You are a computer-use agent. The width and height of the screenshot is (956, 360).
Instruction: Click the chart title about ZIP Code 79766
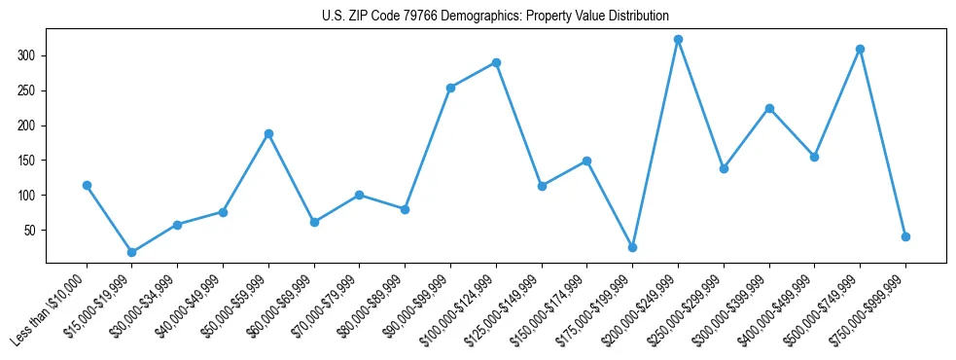495,17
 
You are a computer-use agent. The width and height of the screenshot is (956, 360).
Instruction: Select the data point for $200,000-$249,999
678,40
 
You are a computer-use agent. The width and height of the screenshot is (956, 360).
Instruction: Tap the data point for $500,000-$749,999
860,49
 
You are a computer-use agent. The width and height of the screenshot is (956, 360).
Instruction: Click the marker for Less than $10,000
87,185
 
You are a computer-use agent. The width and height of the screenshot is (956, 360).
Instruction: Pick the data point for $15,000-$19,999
132,252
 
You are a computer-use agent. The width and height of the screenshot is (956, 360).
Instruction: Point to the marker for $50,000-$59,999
268,133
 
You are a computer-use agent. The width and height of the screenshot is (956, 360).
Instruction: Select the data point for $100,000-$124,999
496,62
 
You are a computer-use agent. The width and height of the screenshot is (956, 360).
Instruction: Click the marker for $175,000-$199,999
632,247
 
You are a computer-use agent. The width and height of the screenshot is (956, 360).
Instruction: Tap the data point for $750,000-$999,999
905,236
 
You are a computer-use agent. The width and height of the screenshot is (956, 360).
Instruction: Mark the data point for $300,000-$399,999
769,108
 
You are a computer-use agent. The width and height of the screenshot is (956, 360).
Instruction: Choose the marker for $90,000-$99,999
450,88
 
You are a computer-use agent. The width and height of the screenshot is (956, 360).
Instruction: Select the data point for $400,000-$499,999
814,157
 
